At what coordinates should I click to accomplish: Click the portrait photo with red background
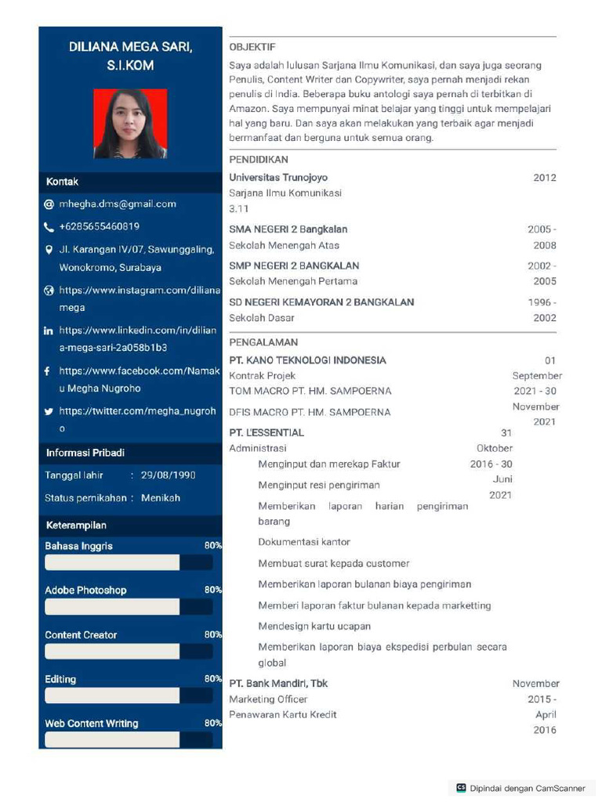(x=130, y=124)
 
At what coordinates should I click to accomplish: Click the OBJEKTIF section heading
(x=252, y=47)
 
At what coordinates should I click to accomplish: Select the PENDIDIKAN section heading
(x=259, y=160)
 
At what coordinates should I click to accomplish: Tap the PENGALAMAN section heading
(x=263, y=342)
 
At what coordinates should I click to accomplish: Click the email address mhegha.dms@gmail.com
(x=118, y=204)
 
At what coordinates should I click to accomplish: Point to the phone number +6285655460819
(x=99, y=226)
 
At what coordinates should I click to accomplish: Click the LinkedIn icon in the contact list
(x=49, y=331)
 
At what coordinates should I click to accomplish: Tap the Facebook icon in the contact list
(x=49, y=371)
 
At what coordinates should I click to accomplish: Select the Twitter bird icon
(x=49, y=411)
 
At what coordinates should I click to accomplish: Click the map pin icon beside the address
(x=49, y=250)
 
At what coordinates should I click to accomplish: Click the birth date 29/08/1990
(x=168, y=475)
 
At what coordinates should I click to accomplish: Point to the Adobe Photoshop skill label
(x=85, y=591)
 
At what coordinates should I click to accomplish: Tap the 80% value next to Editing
(x=212, y=679)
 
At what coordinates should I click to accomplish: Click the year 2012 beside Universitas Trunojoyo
(x=544, y=178)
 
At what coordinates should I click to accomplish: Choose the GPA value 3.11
(x=238, y=209)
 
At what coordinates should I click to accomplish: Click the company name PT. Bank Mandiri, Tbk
(x=278, y=684)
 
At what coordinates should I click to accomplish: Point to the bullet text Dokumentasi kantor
(x=304, y=542)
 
